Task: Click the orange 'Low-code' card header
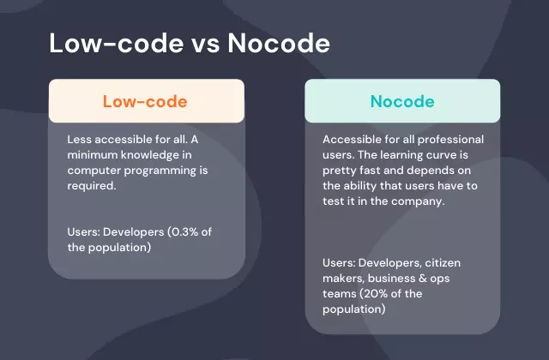click(x=147, y=101)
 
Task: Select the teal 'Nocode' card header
click(x=402, y=101)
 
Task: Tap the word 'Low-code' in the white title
click(x=117, y=43)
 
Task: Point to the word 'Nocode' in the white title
click(x=279, y=43)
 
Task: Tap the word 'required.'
click(x=92, y=186)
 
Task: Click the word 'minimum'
click(x=93, y=155)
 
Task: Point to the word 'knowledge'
click(x=150, y=156)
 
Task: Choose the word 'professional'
click(x=450, y=140)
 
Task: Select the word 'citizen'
click(x=443, y=263)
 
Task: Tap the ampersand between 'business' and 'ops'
click(x=423, y=279)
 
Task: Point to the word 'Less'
click(x=79, y=140)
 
